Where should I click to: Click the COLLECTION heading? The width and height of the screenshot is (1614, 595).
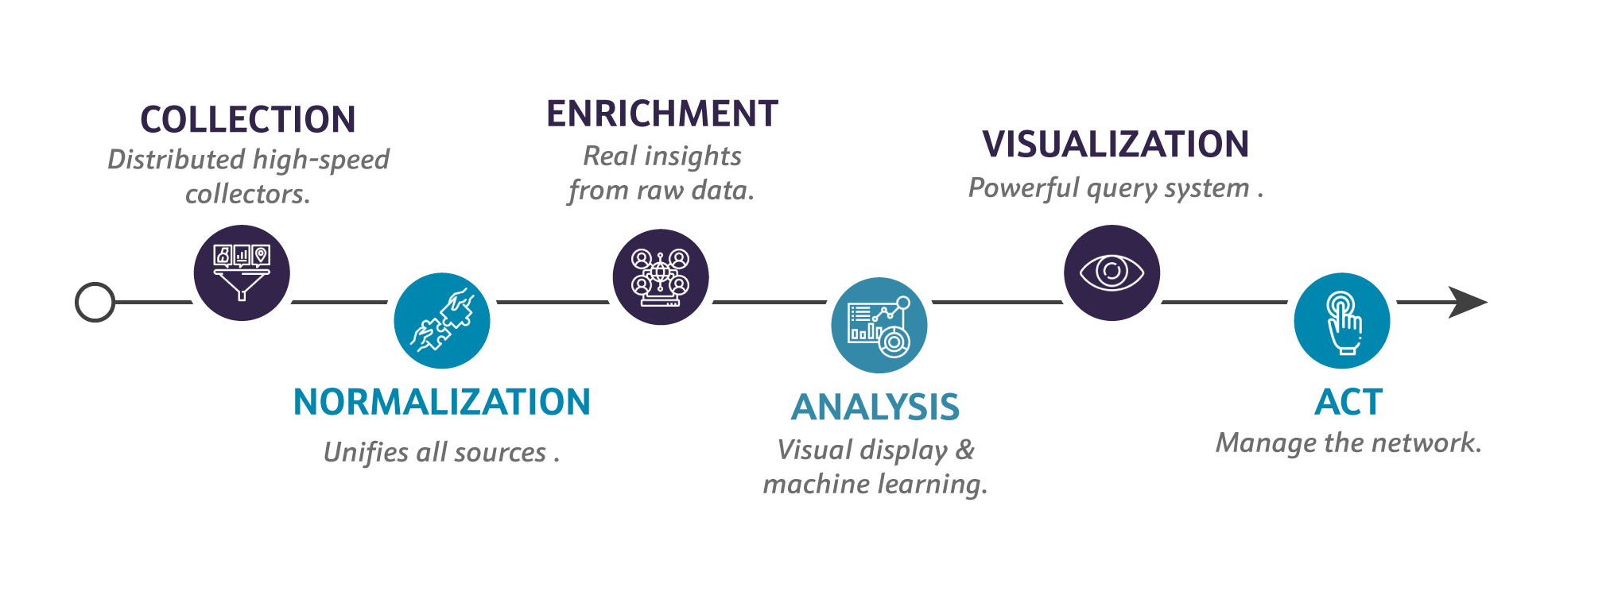click(x=248, y=120)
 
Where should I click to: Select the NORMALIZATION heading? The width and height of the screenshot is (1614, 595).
click(x=442, y=402)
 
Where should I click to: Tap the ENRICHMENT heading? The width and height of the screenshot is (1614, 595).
click(x=662, y=114)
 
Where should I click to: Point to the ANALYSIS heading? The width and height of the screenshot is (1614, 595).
click(x=875, y=408)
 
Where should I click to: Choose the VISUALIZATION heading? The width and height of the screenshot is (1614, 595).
click(x=1115, y=145)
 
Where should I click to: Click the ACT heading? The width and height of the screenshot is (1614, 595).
click(x=1348, y=402)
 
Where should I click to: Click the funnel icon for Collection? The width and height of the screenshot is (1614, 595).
click(x=242, y=272)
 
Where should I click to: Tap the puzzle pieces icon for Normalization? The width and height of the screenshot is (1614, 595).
click(x=442, y=320)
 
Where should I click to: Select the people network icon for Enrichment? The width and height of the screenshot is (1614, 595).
click(x=661, y=277)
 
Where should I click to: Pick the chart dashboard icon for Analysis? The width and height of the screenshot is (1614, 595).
click(x=879, y=326)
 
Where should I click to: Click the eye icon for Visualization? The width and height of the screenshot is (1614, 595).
click(x=1112, y=272)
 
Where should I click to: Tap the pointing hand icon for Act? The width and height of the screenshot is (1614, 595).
click(x=1341, y=321)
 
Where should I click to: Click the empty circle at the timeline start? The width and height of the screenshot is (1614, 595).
click(x=95, y=303)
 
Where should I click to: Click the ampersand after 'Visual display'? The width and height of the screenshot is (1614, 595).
click(x=965, y=450)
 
